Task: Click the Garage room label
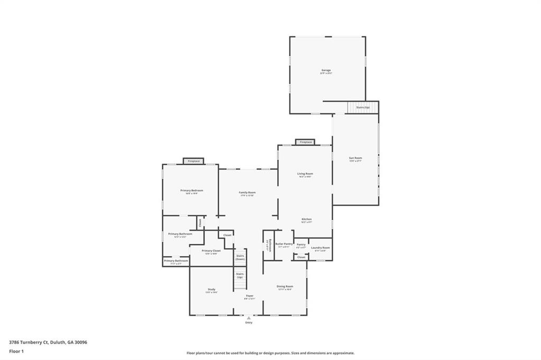[326, 70]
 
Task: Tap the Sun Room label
[355, 158]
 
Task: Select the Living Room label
[305, 174]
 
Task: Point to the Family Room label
[247, 193]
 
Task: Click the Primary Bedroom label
[191, 191]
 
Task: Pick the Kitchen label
[306, 219]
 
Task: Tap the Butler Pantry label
[283, 244]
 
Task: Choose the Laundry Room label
[320, 248]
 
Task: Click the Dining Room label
[285, 287]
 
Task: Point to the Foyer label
[249, 296]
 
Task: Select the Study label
[211, 289]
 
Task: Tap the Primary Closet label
[211, 251]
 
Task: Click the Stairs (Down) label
[240, 257]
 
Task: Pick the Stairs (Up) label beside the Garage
[363, 107]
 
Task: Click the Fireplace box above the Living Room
[305, 142]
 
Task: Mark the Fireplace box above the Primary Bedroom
[193, 161]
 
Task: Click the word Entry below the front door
[248, 323]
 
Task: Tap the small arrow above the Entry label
[248, 318]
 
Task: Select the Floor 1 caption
[16, 350]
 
